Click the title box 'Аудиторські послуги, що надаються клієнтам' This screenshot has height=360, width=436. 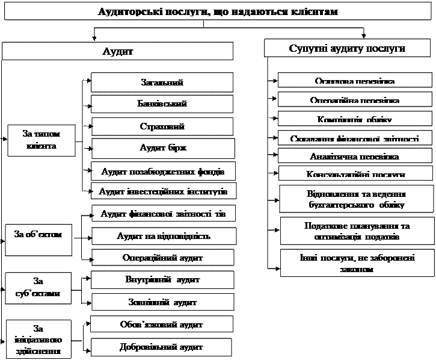(218, 13)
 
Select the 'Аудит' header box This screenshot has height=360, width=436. (118, 51)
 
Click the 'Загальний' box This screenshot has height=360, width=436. (162, 82)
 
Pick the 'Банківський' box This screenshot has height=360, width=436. (162, 104)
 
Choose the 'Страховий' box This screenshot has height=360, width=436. (162, 126)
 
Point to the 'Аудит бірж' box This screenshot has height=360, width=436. (162, 148)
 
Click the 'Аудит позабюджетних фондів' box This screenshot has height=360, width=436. (162, 171)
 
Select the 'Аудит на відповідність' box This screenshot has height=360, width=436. (162, 236)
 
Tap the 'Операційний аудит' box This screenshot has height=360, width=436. (162, 258)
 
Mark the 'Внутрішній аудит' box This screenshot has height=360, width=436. (162, 280)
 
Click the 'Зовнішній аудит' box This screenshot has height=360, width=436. (162, 302)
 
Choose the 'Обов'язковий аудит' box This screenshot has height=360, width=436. (162, 324)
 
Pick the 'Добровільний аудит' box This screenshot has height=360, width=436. (162, 347)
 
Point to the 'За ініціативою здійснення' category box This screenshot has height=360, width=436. (38, 340)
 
